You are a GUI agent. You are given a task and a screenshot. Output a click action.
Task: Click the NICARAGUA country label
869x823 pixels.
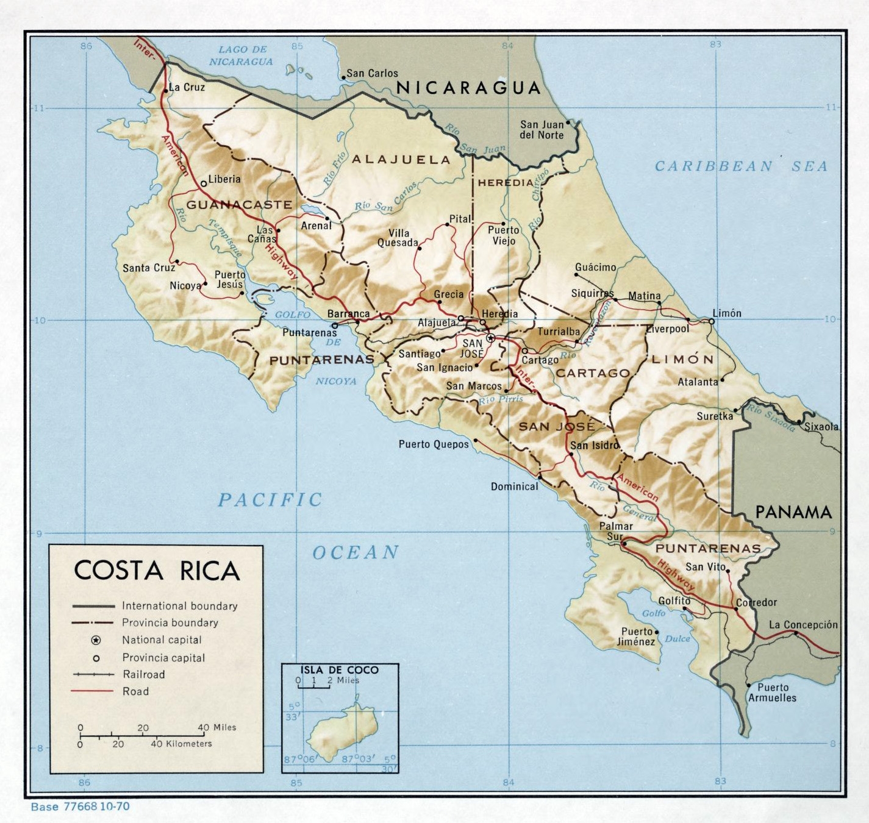468,88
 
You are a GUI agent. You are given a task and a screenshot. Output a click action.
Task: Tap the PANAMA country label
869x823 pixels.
793,512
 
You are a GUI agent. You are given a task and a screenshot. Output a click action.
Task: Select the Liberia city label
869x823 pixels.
224,179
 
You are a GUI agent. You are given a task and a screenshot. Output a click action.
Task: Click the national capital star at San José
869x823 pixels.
490,337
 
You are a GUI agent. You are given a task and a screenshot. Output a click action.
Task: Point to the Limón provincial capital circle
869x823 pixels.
711,321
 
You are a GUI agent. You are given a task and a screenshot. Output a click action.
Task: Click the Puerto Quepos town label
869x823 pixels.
434,444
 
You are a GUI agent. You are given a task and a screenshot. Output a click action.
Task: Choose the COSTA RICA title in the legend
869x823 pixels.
157,571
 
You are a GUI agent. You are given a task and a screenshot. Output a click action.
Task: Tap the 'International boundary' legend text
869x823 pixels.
179,606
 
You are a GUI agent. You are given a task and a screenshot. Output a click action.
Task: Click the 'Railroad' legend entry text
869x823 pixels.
143,674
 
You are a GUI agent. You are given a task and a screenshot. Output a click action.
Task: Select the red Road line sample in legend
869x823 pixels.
93,691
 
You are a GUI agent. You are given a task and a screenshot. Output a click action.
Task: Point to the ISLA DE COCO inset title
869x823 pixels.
339,669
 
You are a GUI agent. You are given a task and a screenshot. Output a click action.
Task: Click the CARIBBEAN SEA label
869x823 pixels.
741,166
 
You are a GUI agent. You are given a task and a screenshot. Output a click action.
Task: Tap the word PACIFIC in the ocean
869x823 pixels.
270,500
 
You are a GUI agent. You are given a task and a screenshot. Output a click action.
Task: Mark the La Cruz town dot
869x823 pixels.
166,91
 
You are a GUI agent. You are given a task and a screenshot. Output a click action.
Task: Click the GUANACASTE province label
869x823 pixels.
239,205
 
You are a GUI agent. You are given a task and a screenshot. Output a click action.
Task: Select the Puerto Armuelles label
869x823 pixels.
772,693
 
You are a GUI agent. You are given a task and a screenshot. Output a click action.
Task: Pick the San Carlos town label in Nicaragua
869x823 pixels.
372,73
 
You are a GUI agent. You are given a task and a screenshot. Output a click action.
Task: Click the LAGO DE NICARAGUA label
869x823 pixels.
242,55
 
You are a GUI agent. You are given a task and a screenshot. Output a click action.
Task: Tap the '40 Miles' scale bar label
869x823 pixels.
216,727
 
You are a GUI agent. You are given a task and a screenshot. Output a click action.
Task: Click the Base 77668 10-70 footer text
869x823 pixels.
80,807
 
